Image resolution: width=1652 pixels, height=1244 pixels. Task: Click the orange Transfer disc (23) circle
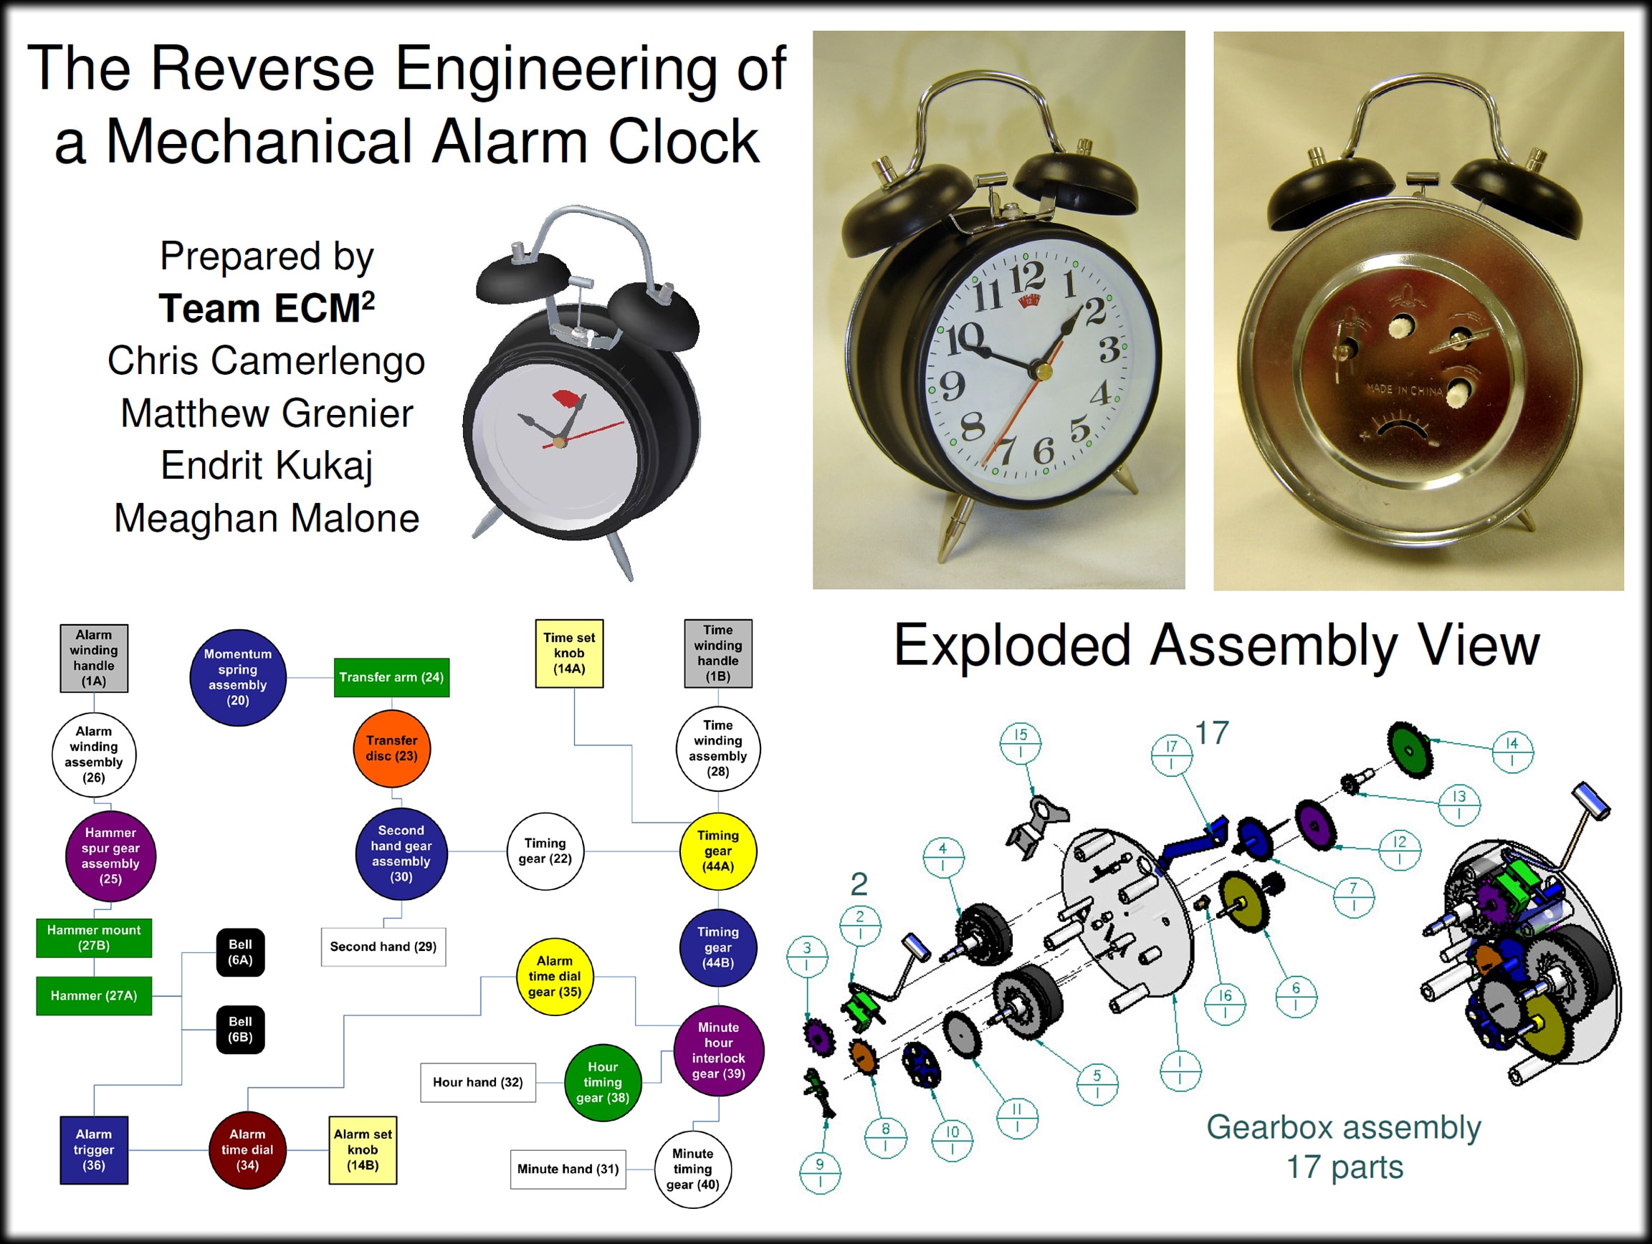(x=391, y=748)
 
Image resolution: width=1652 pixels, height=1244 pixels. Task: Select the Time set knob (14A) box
(x=569, y=654)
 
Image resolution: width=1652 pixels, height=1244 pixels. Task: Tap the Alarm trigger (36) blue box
(x=94, y=1150)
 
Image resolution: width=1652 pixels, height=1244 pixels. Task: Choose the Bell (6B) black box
(x=241, y=1030)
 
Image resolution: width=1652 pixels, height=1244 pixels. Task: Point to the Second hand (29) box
(x=384, y=947)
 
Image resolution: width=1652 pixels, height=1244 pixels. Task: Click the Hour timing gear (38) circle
(x=603, y=1082)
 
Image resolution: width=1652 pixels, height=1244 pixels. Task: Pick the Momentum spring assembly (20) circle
(x=238, y=677)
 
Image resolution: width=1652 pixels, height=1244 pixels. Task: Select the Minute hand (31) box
(x=568, y=1169)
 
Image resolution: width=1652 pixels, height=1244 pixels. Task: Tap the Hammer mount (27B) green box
(x=94, y=938)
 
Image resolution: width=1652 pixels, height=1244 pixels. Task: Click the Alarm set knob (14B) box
(x=363, y=1150)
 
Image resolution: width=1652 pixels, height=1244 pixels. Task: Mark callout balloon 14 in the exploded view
(x=1512, y=751)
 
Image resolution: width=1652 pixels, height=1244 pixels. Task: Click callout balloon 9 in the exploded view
(x=820, y=1172)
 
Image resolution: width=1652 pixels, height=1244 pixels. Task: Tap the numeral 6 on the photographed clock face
(x=1044, y=449)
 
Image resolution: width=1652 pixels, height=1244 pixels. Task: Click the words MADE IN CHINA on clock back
(x=1404, y=390)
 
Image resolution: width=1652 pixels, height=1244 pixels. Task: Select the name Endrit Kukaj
(x=267, y=465)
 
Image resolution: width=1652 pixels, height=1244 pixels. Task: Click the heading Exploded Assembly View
(x=1216, y=645)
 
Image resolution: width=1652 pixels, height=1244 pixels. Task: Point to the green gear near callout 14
(x=1410, y=750)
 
